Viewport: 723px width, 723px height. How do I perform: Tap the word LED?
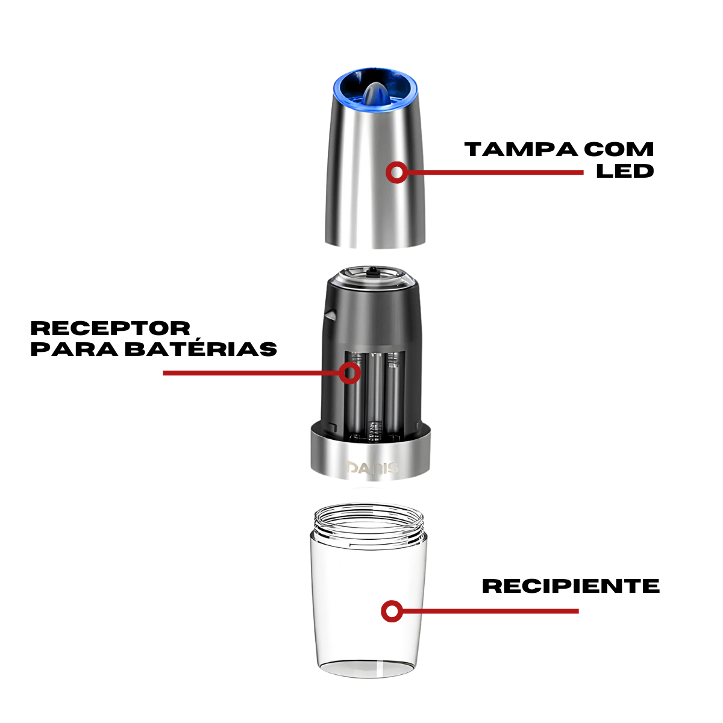click(x=625, y=171)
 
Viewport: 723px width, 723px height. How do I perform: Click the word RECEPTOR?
click(x=110, y=328)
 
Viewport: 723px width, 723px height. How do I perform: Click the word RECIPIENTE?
click(x=571, y=586)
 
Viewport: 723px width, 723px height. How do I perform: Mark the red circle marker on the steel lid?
click(x=396, y=172)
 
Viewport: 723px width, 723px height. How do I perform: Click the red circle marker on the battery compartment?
click(x=349, y=373)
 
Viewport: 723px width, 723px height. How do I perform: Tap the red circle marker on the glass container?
click(x=392, y=612)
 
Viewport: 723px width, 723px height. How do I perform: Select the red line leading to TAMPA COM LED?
click(x=494, y=172)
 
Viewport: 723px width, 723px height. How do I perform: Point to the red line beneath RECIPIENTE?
click(x=488, y=611)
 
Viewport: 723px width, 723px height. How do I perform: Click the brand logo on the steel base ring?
click(x=372, y=468)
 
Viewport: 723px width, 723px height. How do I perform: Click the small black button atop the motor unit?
click(x=372, y=272)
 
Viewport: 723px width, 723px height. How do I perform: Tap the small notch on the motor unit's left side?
click(x=330, y=313)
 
